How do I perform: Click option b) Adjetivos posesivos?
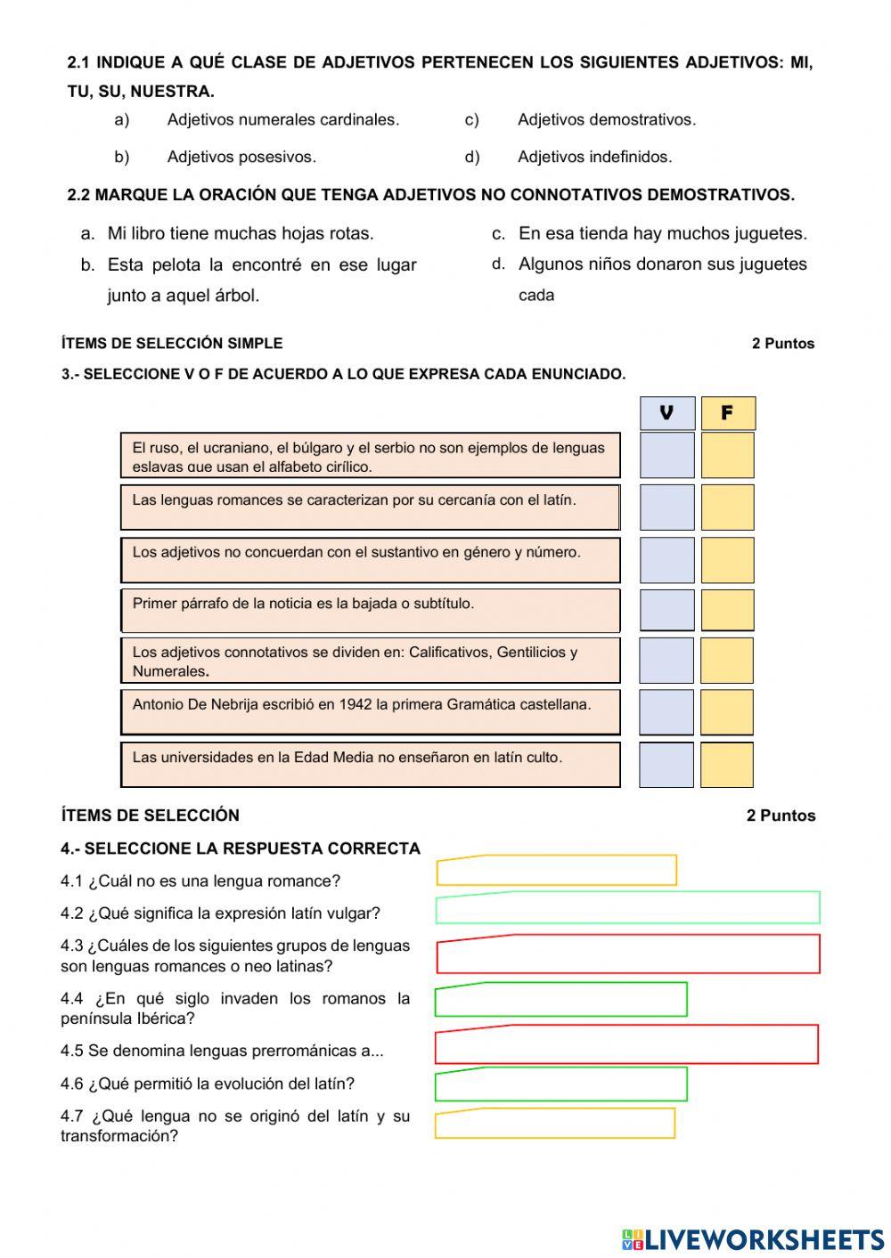[241, 158]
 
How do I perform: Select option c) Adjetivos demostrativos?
[606, 120]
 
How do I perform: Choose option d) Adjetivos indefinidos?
[594, 158]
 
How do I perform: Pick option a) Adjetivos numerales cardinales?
[282, 120]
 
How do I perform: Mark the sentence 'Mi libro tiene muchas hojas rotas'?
[240, 234]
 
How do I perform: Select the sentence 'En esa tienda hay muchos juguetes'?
[662, 234]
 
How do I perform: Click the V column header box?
[666, 413]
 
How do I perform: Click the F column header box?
[727, 413]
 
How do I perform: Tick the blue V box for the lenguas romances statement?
[666, 507]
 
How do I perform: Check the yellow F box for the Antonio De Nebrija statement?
[727, 712]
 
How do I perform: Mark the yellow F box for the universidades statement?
[727, 765]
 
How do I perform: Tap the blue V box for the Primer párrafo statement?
[666, 610]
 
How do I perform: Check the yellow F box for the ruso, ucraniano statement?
[727, 455]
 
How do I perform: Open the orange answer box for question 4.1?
[556, 871]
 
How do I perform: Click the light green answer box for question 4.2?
[627, 908]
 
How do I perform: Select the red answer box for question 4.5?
[626, 1045]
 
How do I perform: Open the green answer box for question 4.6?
[560, 1084]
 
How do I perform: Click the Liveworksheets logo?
[753, 1239]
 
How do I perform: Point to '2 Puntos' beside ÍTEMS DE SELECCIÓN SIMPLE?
[782, 344]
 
